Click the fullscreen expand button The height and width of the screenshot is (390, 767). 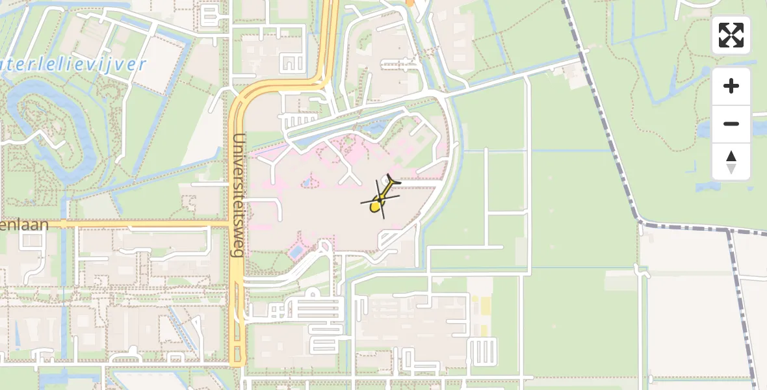[731, 35]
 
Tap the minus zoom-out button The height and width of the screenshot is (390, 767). [731, 123]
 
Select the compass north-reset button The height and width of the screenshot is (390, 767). [731, 162]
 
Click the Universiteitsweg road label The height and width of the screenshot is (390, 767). [239, 195]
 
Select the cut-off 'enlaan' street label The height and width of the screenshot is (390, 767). [24, 225]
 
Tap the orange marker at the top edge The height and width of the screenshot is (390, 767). [409, 2]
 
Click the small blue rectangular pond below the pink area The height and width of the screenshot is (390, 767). [296, 250]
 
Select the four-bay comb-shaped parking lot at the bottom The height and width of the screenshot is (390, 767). [481, 351]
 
